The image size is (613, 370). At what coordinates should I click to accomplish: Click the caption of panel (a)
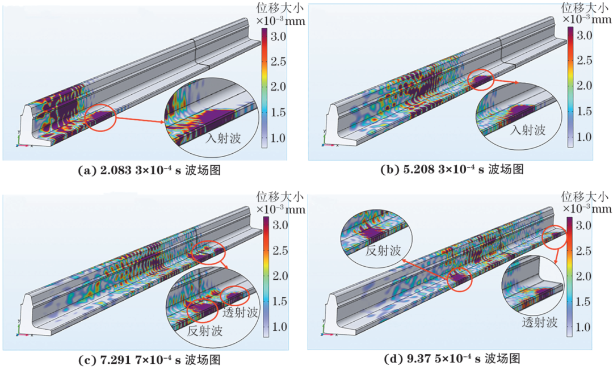click(x=150, y=171)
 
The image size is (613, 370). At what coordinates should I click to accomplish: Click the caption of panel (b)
click(x=452, y=170)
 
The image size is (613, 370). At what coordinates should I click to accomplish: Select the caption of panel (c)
click(x=150, y=359)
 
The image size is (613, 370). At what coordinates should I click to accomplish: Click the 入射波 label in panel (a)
click(x=223, y=138)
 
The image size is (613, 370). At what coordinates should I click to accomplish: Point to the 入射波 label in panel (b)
click(x=528, y=130)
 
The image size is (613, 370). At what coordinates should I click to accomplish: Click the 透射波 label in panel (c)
click(x=241, y=312)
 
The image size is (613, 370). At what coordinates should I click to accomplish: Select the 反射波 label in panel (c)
click(x=205, y=330)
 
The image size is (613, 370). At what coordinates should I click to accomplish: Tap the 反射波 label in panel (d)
click(x=383, y=250)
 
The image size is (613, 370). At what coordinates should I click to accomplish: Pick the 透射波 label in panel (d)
click(x=540, y=322)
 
